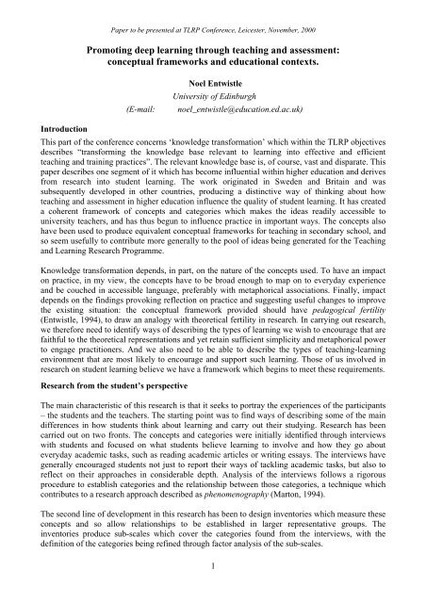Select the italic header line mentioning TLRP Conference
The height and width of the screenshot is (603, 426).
point(212,8)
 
